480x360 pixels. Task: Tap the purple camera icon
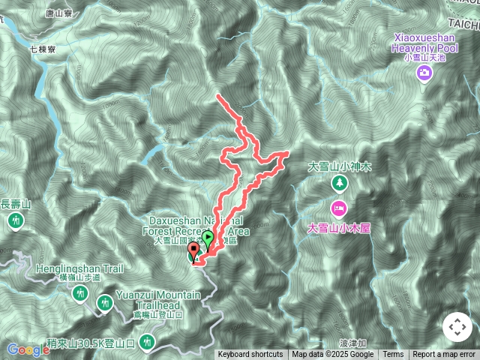[424, 72]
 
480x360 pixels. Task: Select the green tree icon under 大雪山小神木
[340, 182]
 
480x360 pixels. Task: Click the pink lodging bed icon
[339, 207]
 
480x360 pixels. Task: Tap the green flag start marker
[207, 239]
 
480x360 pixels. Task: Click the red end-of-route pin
[193, 251]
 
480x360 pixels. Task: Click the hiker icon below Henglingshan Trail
[80, 293]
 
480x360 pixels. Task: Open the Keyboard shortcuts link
[250, 355]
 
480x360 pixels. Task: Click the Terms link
[393, 355]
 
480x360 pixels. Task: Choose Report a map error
[443, 355]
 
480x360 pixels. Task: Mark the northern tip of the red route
[217, 96]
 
